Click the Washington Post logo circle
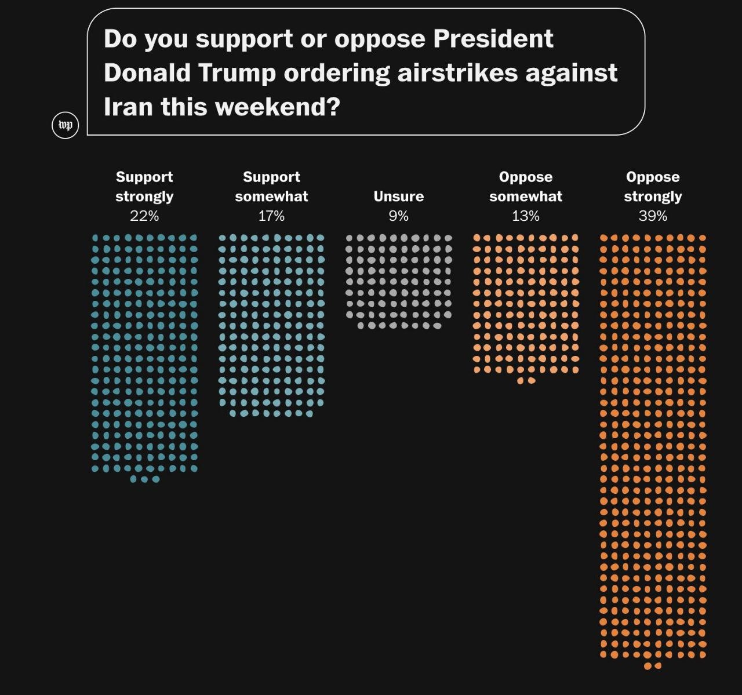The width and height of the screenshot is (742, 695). [66, 125]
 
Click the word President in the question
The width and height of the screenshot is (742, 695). [493, 39]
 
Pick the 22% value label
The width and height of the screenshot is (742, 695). [144, 216]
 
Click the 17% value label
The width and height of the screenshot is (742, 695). [271, 216]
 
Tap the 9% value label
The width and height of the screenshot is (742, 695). [398, 216]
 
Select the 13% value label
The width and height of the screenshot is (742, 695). [525, 216]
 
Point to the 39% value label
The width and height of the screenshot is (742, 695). [653, 216]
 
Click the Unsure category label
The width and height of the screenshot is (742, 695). [398, 197]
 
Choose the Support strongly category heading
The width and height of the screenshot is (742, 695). [144, 187]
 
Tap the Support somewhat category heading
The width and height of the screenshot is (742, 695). [271, 187]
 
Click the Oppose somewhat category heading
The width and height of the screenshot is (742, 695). [525, 187]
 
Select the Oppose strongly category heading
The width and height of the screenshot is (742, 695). [653, 187]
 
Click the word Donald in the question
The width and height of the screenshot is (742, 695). [147, 73]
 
